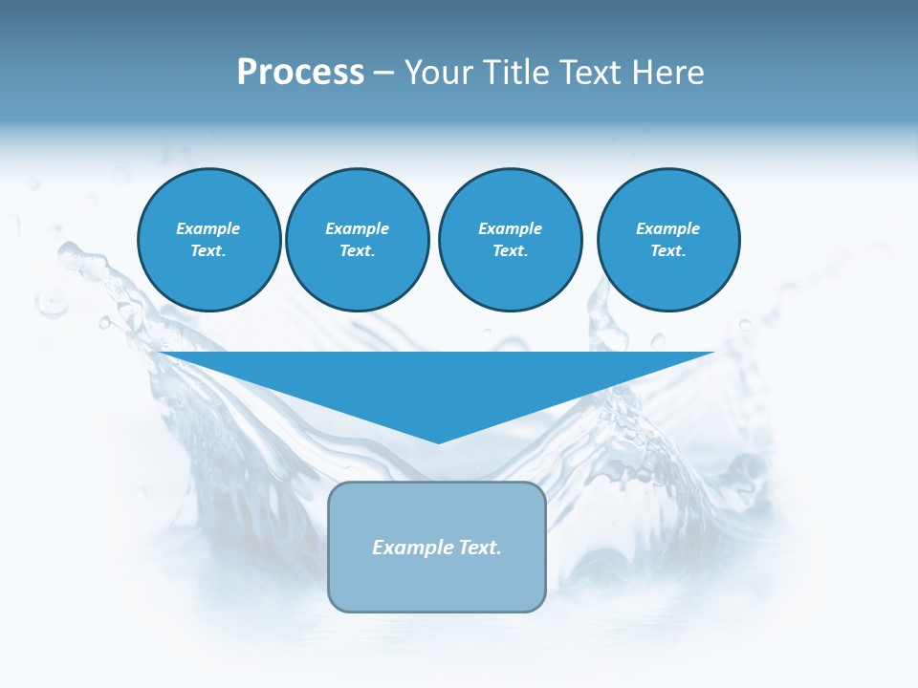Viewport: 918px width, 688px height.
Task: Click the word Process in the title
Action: [300, 73]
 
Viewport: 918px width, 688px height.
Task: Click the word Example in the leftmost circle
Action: [208, 228]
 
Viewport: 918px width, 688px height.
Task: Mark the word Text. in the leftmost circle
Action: [208, 251]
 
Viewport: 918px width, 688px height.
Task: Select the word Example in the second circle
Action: [358, 228]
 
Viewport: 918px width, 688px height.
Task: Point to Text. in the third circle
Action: [510, 251]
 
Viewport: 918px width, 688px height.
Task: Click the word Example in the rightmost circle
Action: [668, 228]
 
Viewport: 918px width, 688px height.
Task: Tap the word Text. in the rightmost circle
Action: [668, 251]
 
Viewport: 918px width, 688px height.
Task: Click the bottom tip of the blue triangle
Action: [438, 441]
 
